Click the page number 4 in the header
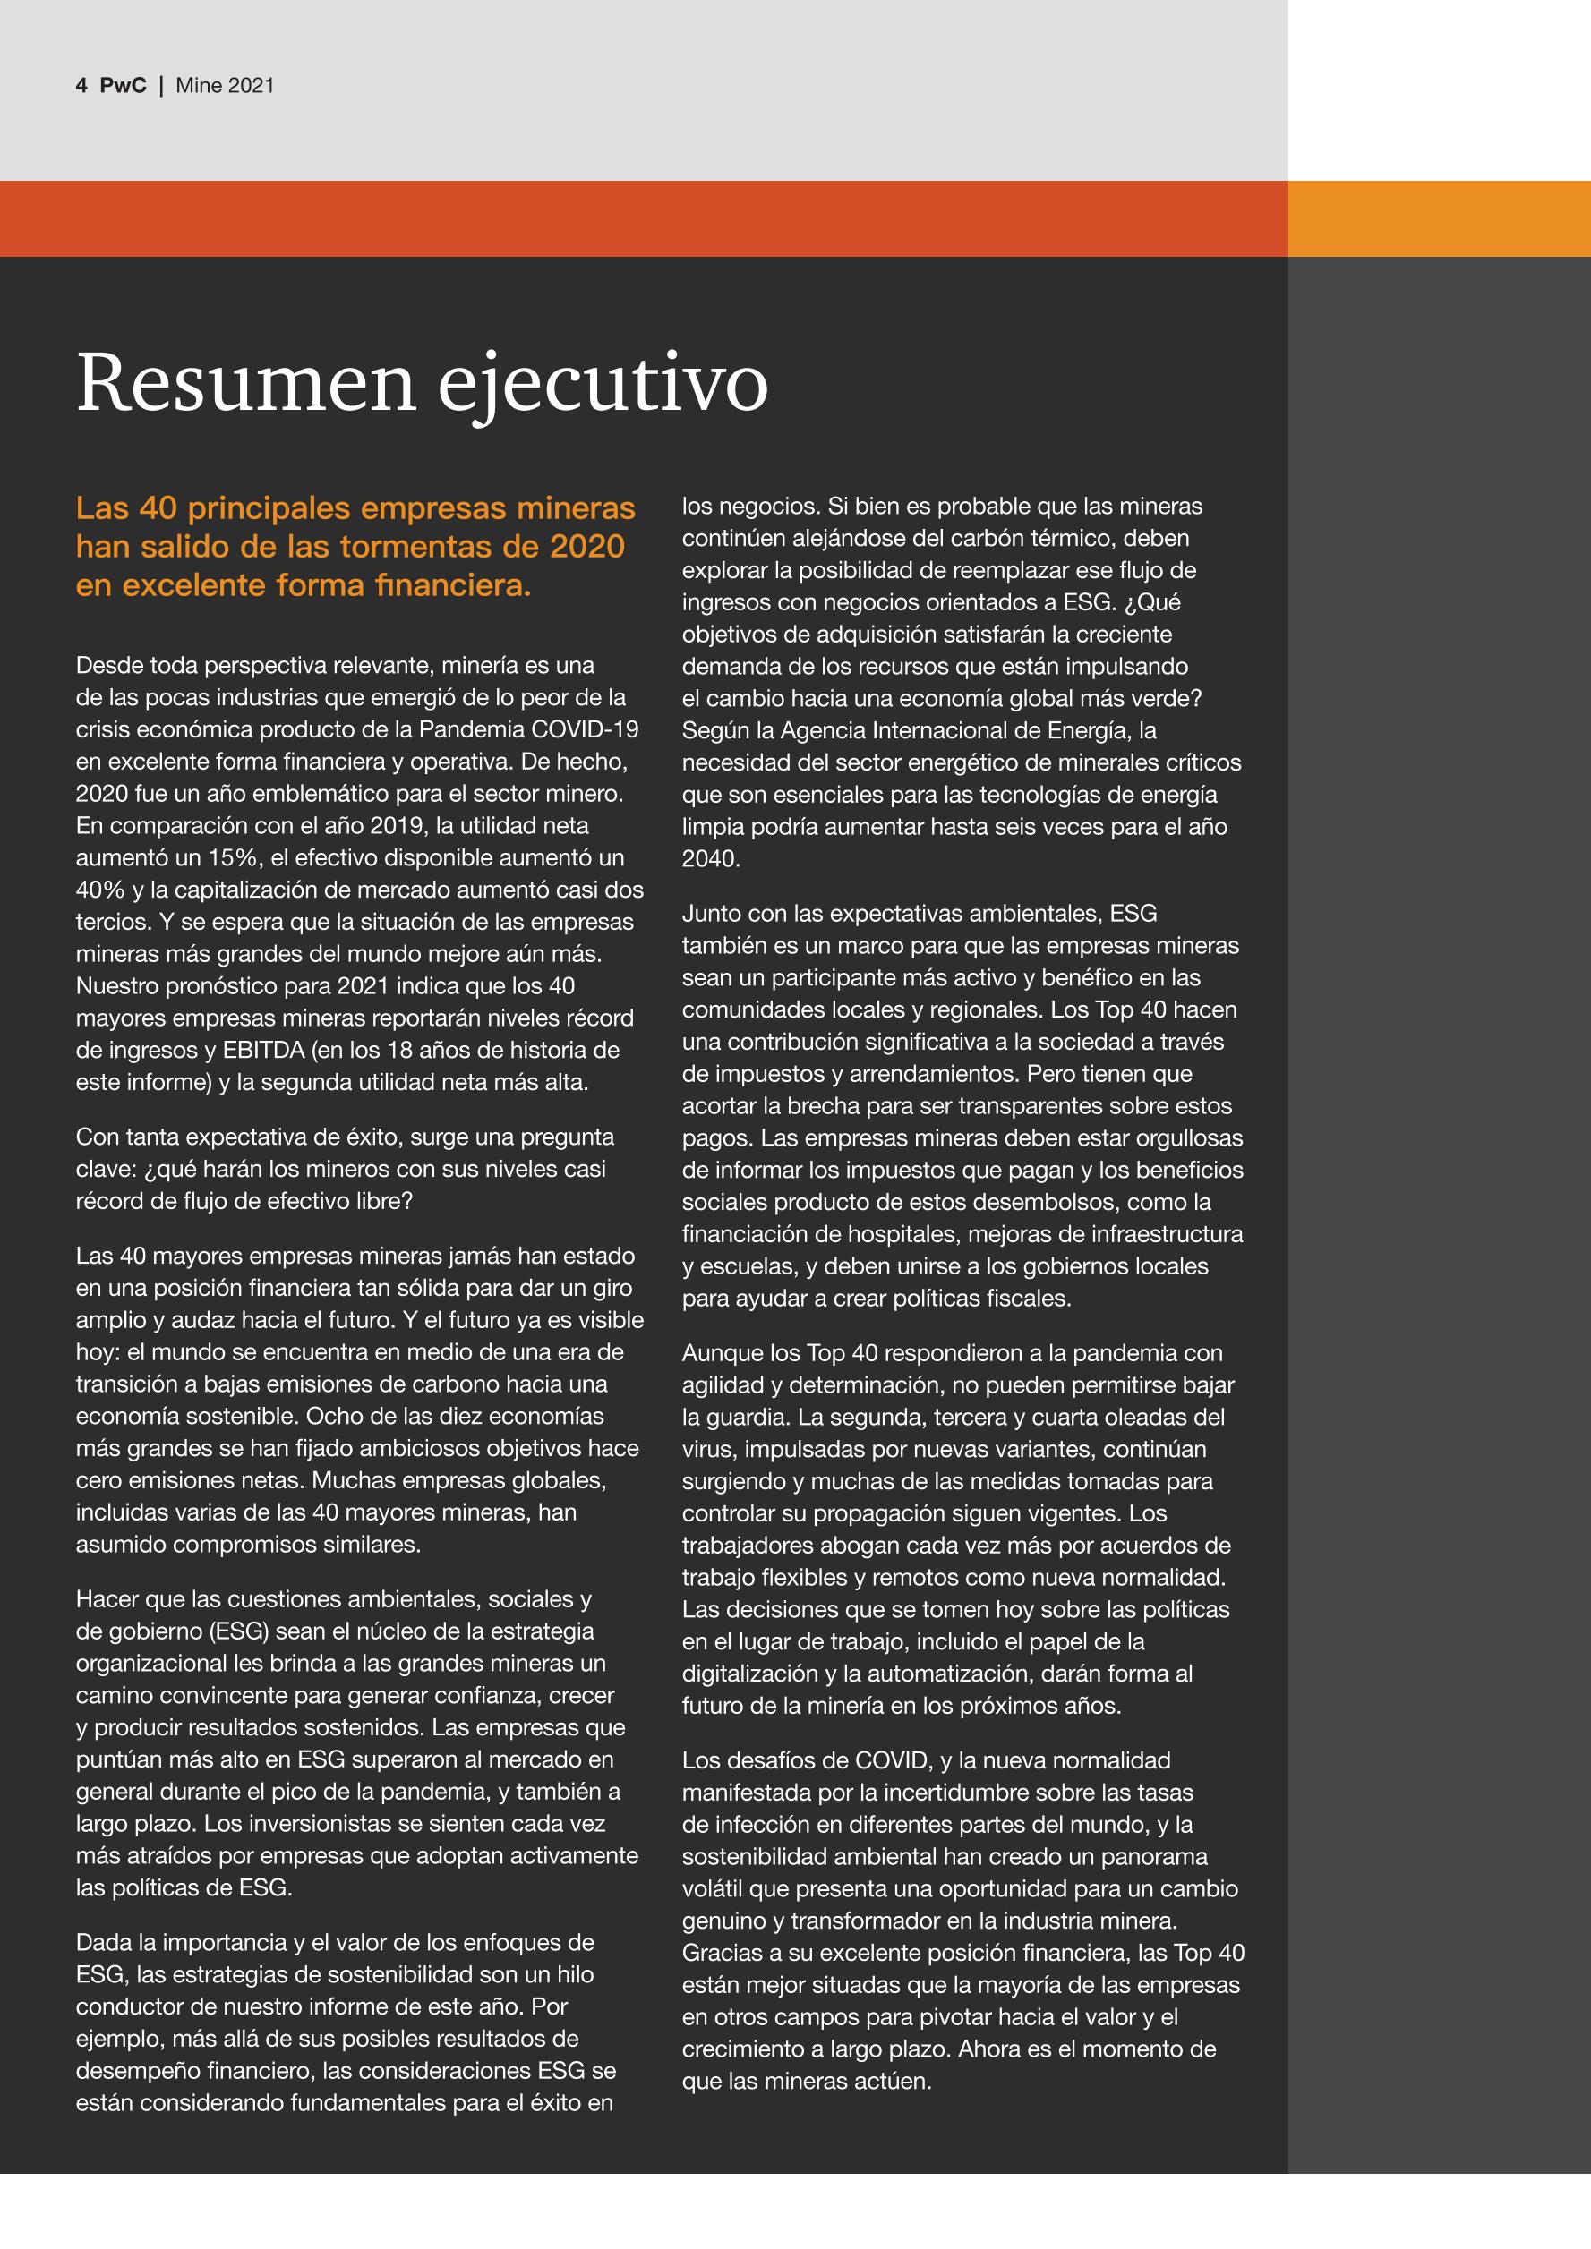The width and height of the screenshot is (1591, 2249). pos(81,85)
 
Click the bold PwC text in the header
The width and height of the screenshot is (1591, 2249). pos(123,85)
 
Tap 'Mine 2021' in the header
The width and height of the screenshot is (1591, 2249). pos(225,85)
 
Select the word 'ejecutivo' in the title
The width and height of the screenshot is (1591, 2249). pos(602,384)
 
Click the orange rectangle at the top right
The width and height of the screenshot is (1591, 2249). pos(1438,218)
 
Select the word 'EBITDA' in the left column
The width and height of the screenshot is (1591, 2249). pos(264,1051)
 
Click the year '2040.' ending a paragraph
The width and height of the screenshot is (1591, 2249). pos(710,859)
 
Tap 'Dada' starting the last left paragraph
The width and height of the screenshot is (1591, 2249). pos(107,1942)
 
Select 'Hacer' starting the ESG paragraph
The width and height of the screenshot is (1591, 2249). pos(110,1598)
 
